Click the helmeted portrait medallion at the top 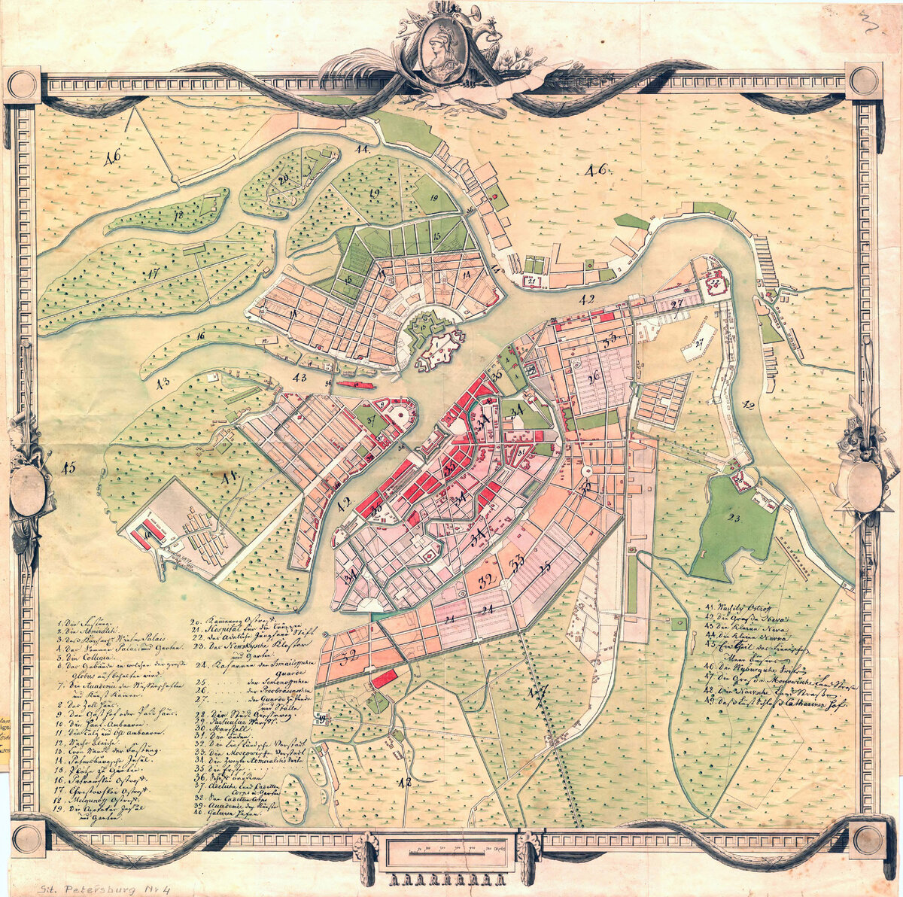click(438, 47)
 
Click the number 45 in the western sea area click(68, 468)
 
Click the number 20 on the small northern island click(284, 181)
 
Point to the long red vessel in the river click(357, 384)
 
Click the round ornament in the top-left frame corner click(22, 84)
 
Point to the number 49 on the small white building click(323, 719)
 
